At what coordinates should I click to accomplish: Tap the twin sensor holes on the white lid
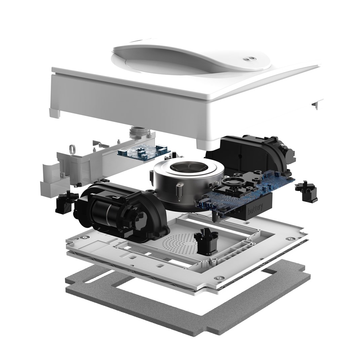click(x=249, y=59)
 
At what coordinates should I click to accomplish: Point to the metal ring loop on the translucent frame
click(x=72, y=148)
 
